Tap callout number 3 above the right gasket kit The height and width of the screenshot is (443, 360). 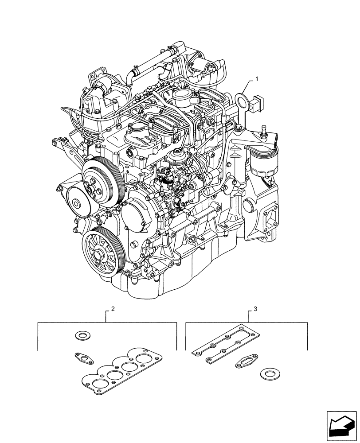tap(254, 308)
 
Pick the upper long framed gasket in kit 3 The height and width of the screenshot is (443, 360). tap(226, 339)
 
